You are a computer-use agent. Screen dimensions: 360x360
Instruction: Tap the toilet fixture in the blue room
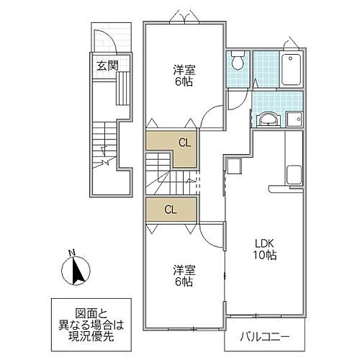(238, 63)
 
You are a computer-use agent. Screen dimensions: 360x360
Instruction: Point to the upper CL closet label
(184, 143)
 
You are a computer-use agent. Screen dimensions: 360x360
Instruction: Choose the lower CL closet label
(171, 210)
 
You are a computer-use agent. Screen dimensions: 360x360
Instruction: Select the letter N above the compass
(70, 252)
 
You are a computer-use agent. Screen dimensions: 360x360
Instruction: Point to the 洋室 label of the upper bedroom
(183, 70)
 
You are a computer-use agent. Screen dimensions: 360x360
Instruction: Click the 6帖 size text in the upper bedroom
(183, 82)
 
